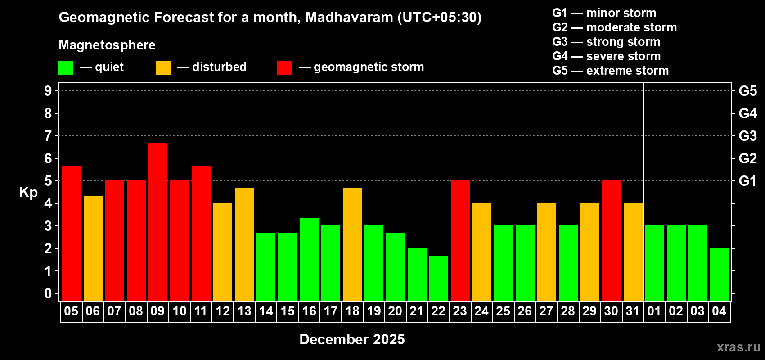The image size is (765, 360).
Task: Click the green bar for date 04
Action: click(720, 274)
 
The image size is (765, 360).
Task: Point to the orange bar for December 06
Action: click(93, 248)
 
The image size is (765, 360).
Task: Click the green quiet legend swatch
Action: click(66, 68)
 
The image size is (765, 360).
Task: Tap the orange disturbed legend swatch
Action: click(163, 68)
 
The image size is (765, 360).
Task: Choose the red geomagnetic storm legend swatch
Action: click(285, 68)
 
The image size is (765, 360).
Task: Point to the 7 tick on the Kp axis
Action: click(48, 136)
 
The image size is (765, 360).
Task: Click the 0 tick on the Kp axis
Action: click(48, 293)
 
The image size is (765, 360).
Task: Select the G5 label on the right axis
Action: click(747, 91)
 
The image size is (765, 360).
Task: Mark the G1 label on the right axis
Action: click(747, 181)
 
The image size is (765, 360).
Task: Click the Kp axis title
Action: click(28, 193)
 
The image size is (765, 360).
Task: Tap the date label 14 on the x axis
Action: click(265, 311)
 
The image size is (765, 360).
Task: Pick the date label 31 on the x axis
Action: click(633, 311)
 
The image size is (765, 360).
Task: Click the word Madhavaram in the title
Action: click(349, 18)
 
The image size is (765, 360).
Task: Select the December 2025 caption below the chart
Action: click(352, 339)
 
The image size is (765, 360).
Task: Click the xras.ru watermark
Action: click(738, 347)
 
